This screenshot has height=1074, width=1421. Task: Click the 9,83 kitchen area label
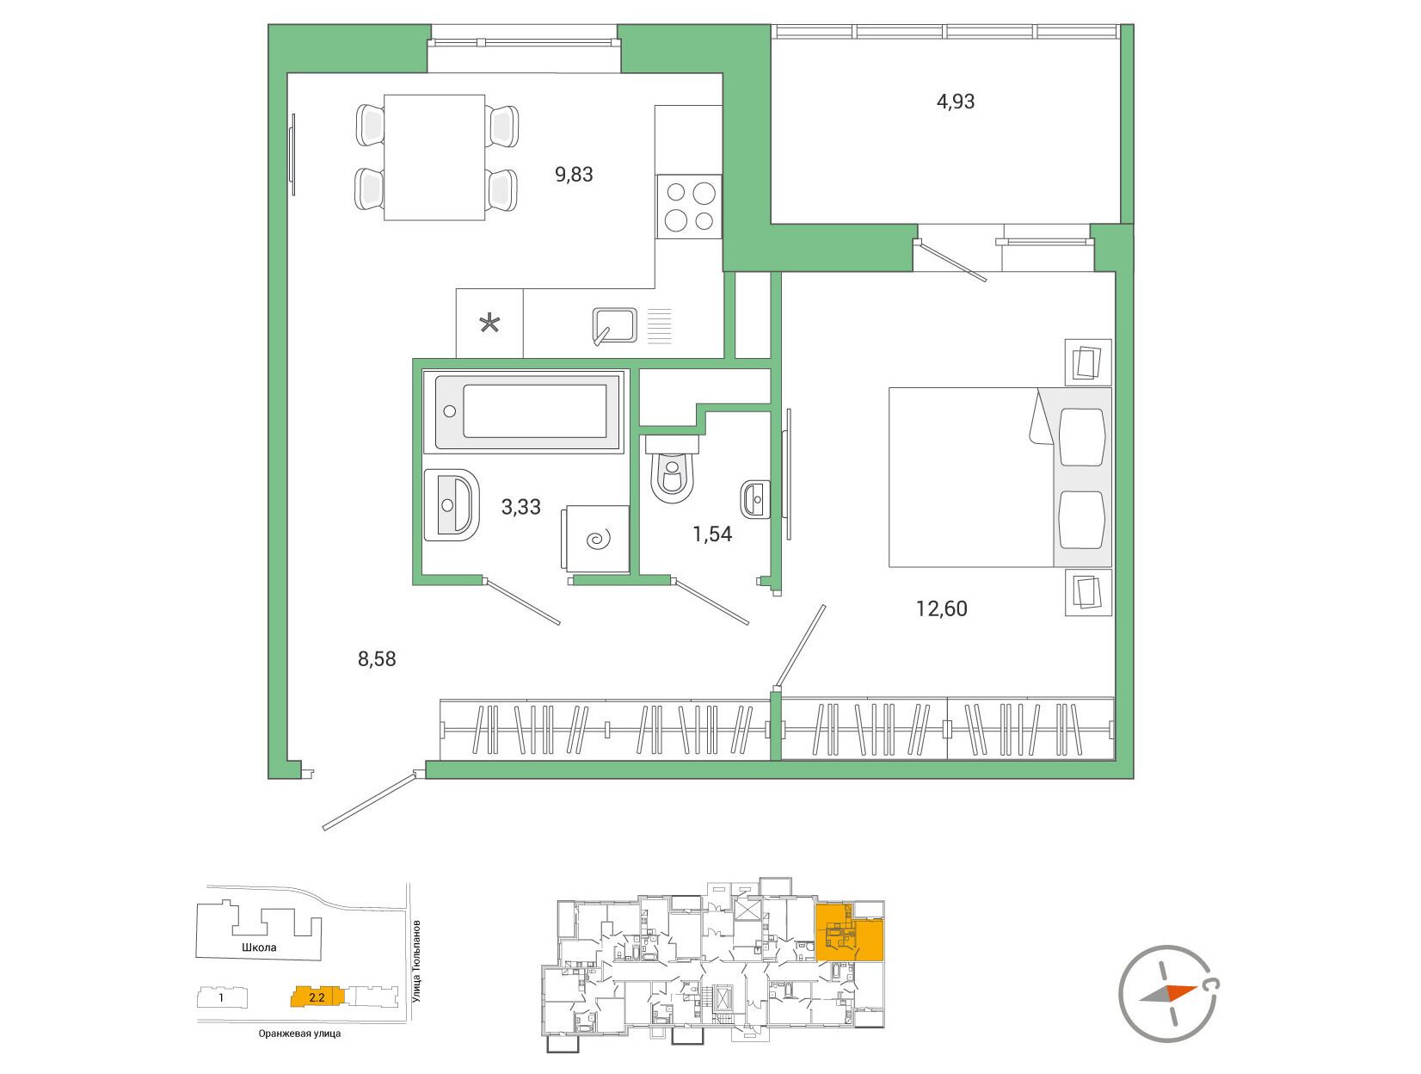574,175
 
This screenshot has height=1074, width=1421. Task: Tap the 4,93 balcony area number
955,102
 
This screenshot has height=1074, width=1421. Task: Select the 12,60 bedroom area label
941,608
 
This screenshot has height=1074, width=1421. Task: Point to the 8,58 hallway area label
377,659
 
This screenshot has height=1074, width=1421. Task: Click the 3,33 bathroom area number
520,507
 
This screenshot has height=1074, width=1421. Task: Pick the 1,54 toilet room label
712,534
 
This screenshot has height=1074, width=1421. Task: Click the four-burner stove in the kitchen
689,207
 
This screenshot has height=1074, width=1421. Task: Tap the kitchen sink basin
614,325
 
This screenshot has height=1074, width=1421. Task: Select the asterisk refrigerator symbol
489,323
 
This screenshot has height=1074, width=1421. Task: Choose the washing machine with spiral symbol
595,539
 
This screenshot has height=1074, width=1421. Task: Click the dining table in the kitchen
434,157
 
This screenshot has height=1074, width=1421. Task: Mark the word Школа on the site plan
259,947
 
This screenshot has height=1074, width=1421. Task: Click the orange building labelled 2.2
313,997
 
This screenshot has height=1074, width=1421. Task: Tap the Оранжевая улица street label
299,1034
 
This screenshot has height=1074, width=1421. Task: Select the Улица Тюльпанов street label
416,961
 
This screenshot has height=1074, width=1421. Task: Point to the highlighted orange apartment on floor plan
849,932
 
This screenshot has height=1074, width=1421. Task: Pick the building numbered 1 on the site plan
221,997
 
